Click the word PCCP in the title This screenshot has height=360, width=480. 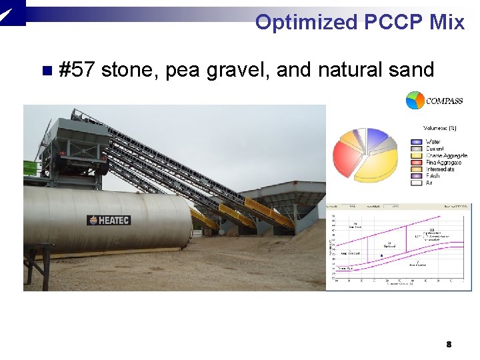(x=393, y=22)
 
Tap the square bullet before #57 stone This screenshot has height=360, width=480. (x=45, y=70)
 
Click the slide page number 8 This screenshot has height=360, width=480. (x=449, y=344)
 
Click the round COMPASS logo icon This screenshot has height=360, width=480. (x=415, y=101)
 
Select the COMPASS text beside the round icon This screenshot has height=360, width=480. (x=445, y=101)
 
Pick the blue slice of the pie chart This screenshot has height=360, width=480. (x=377, y=137)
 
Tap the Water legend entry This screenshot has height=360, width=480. (x=433, y=142)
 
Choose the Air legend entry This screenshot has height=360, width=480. (x=429, y=183)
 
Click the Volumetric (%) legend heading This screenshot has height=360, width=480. (x=440, y=128)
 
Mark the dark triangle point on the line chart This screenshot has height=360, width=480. (x=381, y=255)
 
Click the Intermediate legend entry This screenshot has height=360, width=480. (x=440, y=169)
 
